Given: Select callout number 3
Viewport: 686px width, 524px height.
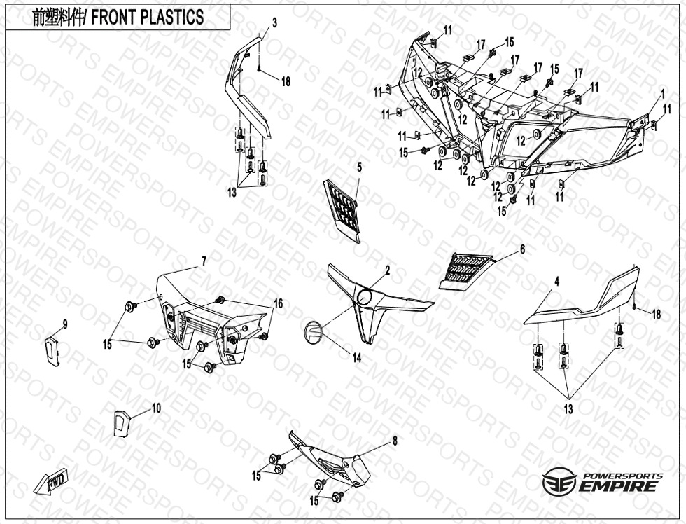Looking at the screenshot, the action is [274, 23].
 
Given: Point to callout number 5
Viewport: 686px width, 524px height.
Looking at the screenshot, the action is [360, 167].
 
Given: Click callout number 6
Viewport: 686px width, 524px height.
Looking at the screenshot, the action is [522, 249].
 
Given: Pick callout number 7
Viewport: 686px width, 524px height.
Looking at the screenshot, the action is [204, 261].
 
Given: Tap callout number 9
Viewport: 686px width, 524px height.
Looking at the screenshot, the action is [64, 324].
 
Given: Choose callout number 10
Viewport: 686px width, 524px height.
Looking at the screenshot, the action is [156, 408].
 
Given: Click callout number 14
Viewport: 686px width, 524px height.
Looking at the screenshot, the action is [357, 358].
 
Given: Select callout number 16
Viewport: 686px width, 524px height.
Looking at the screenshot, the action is [279, 303].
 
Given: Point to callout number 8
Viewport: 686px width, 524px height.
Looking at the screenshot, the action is [395, 441].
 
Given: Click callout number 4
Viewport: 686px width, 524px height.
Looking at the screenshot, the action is [556, 282].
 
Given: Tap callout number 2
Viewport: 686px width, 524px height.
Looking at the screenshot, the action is [388, 271].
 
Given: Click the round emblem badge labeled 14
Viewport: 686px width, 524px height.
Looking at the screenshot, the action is [313, 332].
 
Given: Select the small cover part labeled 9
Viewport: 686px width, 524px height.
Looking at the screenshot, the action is [52, 350].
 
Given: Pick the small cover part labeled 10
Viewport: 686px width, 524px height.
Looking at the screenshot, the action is [122, 422].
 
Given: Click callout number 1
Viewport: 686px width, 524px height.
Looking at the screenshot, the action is [663, 94].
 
